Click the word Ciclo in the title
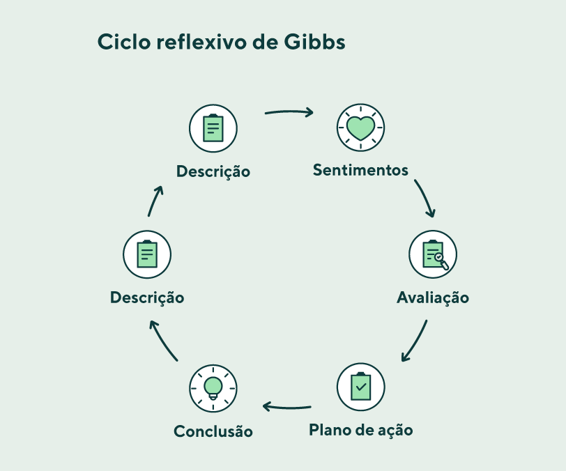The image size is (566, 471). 124,42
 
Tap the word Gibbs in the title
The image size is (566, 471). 314,42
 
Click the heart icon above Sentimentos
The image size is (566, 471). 360,128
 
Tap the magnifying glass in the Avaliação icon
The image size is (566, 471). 442,261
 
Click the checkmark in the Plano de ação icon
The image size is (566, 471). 361,387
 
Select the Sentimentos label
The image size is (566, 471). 360,170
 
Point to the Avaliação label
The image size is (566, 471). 433,298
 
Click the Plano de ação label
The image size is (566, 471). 361,430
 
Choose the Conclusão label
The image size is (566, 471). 213,431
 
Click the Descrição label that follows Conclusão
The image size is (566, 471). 147,298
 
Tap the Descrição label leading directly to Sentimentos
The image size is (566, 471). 213,171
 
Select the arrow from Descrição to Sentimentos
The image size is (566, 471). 289,112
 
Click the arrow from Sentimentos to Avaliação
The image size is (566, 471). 426,198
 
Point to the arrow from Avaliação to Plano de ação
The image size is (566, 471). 416,341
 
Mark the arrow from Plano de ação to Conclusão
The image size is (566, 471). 287,408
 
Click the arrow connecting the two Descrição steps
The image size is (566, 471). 155,201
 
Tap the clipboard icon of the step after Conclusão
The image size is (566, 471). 147,254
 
